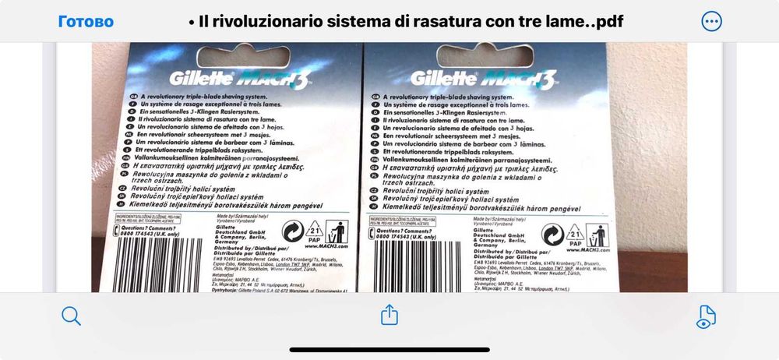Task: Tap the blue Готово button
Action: pos(86,21)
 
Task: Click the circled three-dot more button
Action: pos(711,21)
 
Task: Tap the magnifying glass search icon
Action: pos(71,316)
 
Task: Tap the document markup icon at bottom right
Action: pos(706,316)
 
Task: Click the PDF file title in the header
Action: pos(406,21)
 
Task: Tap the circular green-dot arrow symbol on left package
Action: pos(292,233)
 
